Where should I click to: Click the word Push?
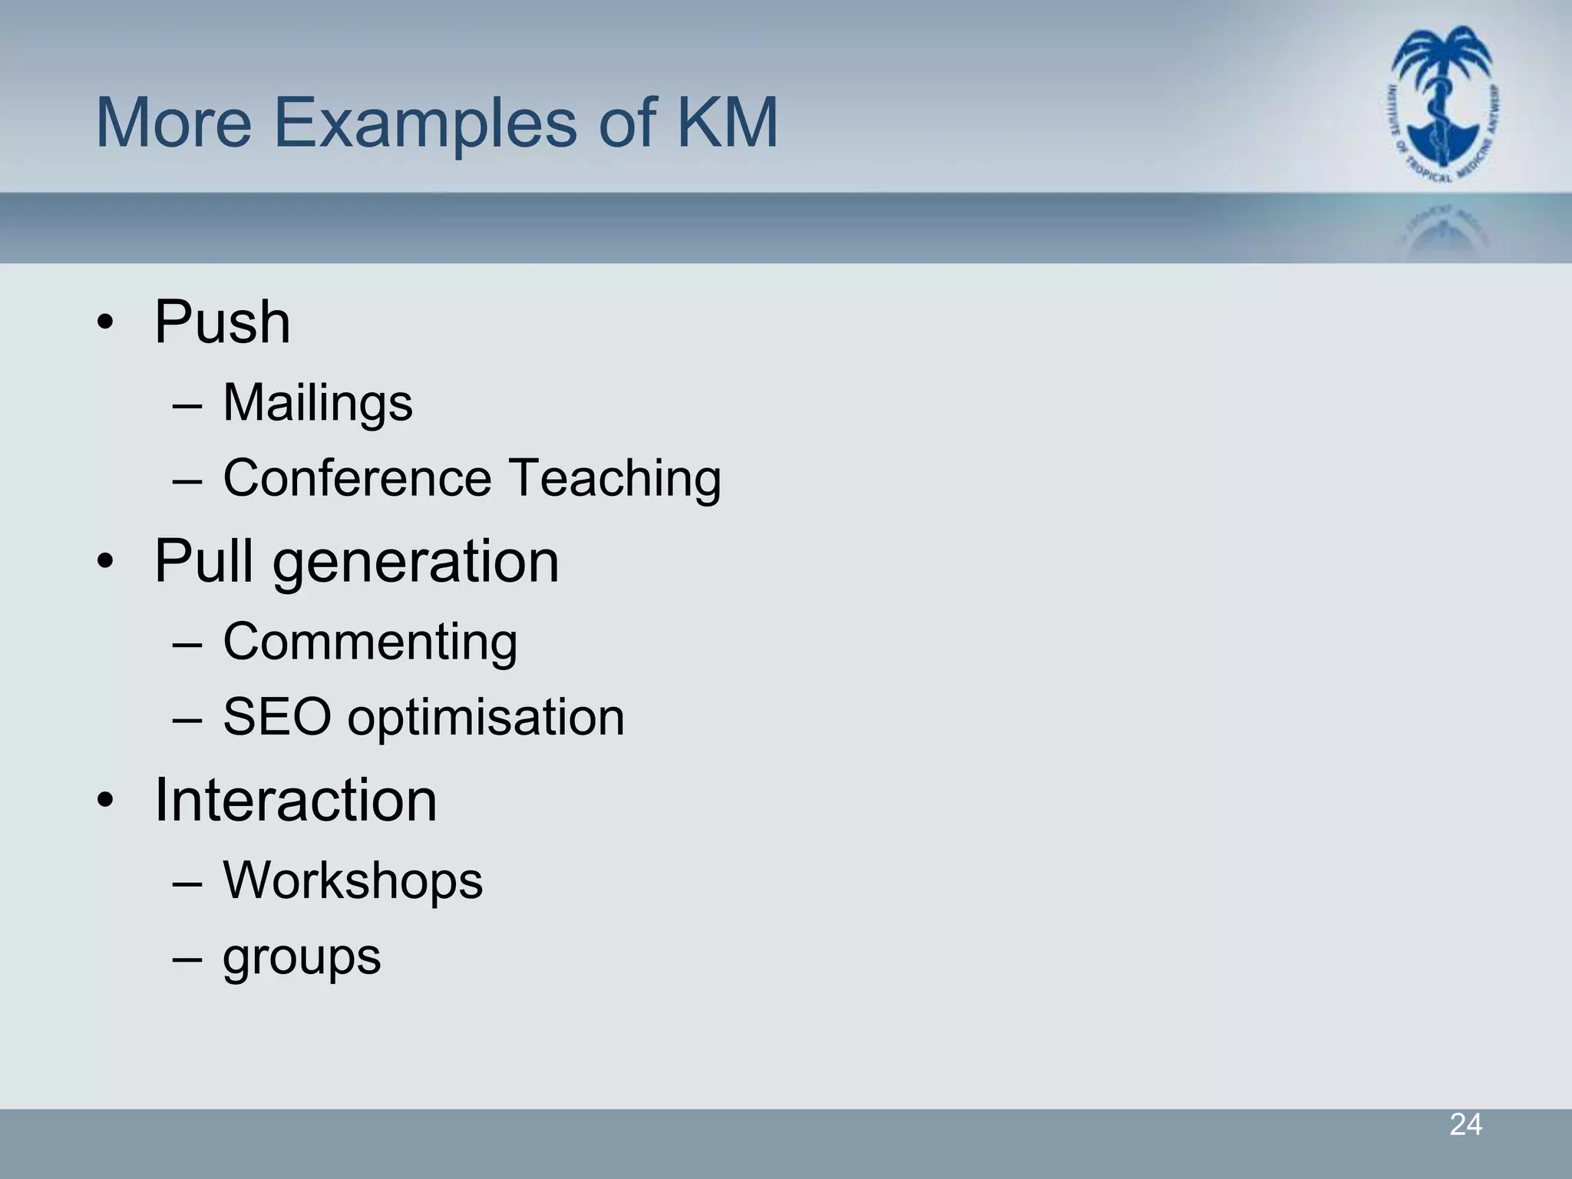[223, 323]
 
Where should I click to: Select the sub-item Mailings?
[318, 404]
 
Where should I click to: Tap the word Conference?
[357, 478]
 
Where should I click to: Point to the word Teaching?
[615, 480]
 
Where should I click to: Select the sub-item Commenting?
[370, 642]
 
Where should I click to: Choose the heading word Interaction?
[296, 801]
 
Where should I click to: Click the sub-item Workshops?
[353, 880]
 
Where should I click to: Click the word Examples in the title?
[425, 124]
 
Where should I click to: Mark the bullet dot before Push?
[105, 323]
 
